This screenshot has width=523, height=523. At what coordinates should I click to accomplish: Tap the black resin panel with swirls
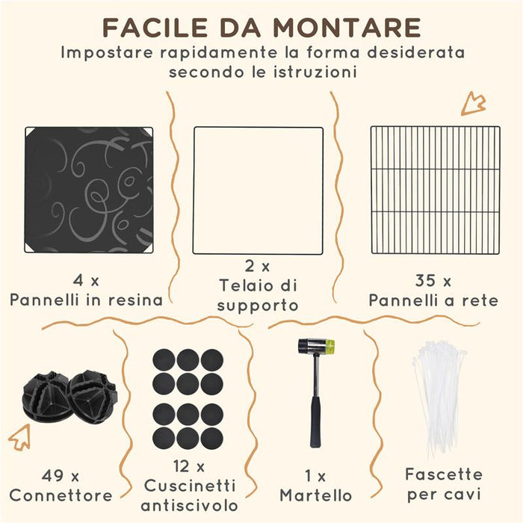pos(88,190)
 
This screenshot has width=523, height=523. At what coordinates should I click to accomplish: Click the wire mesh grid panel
pos(435,190)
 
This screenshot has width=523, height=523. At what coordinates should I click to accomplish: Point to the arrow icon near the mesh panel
pos(473,103)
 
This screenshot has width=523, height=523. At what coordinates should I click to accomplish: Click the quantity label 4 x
pos(87,281)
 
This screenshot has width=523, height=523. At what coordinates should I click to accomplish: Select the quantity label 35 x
pos(433,281)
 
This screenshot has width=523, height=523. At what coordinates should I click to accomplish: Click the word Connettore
pos(61,495)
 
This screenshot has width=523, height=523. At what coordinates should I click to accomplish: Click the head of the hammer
pos(316,347)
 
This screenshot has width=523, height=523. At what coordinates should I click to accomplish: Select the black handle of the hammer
pos(315,418)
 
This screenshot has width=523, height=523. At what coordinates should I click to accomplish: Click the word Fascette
pos(444,474)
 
